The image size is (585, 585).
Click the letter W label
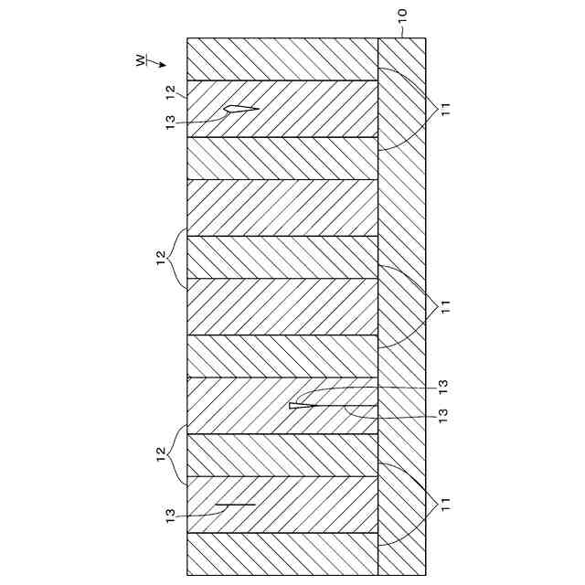pyautogui.click(x=140, y=60)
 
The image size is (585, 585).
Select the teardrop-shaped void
pyautogui.click(x=240, y=110)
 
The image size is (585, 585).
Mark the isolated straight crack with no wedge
pyautogui.click(x=237, y=505)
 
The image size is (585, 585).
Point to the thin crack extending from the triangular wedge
pyautogui.click(x=347, y=406)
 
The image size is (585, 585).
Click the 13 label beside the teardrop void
pyautogui.click(x=170, y=122)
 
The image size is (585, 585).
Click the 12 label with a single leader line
pyautogui.click(x=170, y=92)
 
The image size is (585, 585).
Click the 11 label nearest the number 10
pyautogui.click(x=445, y=109)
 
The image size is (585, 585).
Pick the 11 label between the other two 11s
pyautogui.click(x=445, y=305)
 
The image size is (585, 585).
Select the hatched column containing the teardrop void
pyautogui.click(x=283, y=109)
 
